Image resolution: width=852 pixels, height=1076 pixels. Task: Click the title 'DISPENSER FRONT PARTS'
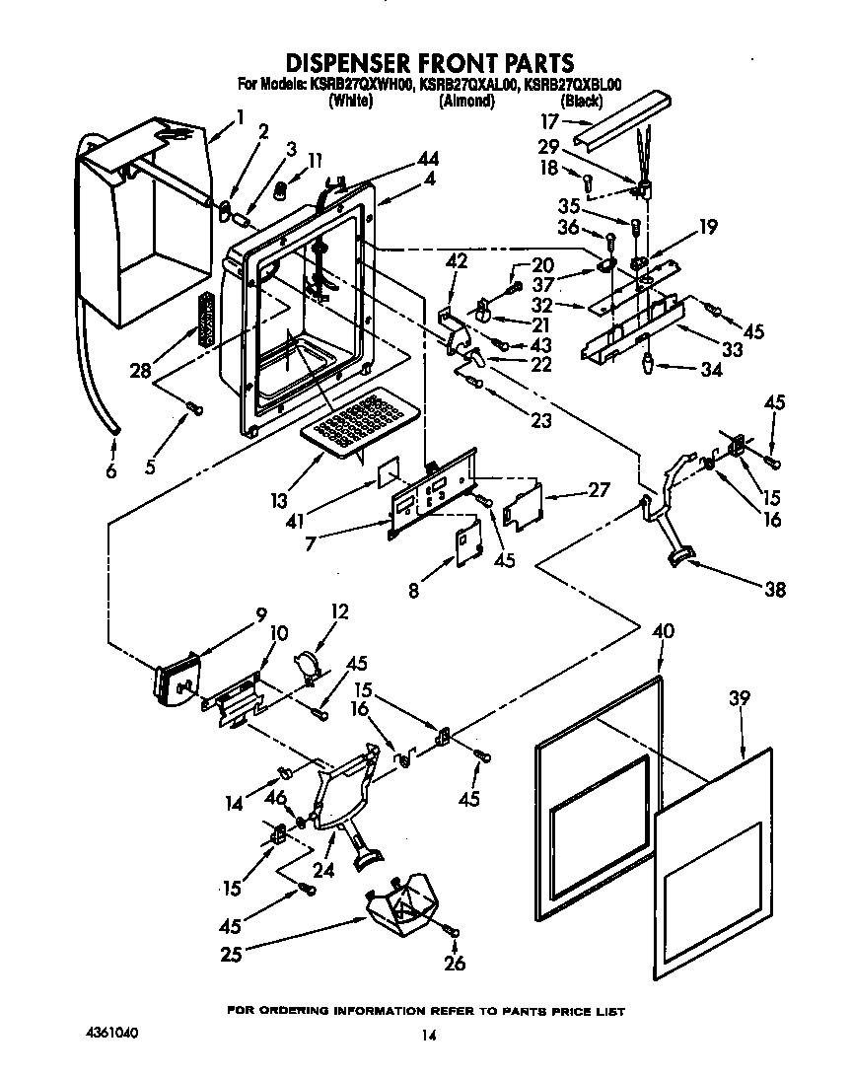pos(427,64)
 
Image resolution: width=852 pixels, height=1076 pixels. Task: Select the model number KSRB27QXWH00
pos(361,86)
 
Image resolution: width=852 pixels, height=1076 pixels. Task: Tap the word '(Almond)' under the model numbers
pos(465,101)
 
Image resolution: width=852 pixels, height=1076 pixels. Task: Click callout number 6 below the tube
pos(110,471)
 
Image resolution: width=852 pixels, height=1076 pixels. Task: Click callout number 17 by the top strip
pos(549,122)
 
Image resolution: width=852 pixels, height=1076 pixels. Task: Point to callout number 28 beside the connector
pos(141,370)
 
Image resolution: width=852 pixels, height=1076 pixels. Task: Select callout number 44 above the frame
pos(428,159)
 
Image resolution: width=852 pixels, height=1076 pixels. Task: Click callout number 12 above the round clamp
pos(339,612)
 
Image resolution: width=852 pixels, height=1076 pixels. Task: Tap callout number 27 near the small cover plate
pos(598,489)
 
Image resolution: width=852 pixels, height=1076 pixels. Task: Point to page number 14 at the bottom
pos(427,1036)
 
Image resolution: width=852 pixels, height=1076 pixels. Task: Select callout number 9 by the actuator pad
pos(260,613)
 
